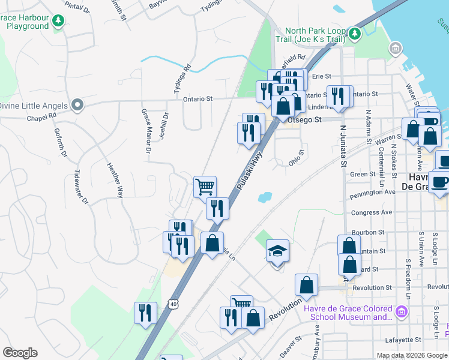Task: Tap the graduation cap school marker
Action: [278, 250]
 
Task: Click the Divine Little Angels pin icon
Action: [77, 105]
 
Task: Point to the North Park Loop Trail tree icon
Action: [355, 33]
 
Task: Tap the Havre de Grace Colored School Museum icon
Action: [402, 311]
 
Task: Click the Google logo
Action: [20, 353]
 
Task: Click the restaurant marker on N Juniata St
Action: [338, 96]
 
